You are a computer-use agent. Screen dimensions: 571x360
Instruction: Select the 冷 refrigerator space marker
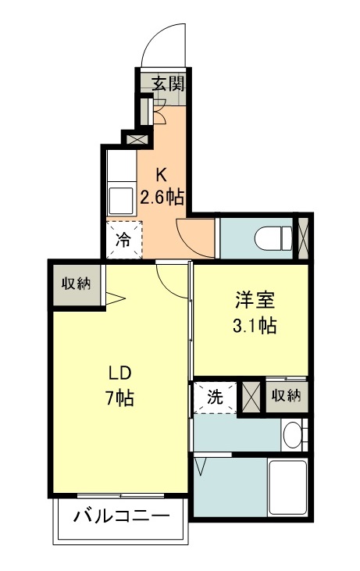(124, 240)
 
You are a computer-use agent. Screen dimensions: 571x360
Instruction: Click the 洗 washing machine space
(215, 397)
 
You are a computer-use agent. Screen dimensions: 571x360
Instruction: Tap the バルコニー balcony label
(122, 516)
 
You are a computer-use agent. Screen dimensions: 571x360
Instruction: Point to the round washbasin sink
(293, 434)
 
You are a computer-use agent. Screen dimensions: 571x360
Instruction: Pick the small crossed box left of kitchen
(135, 139)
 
